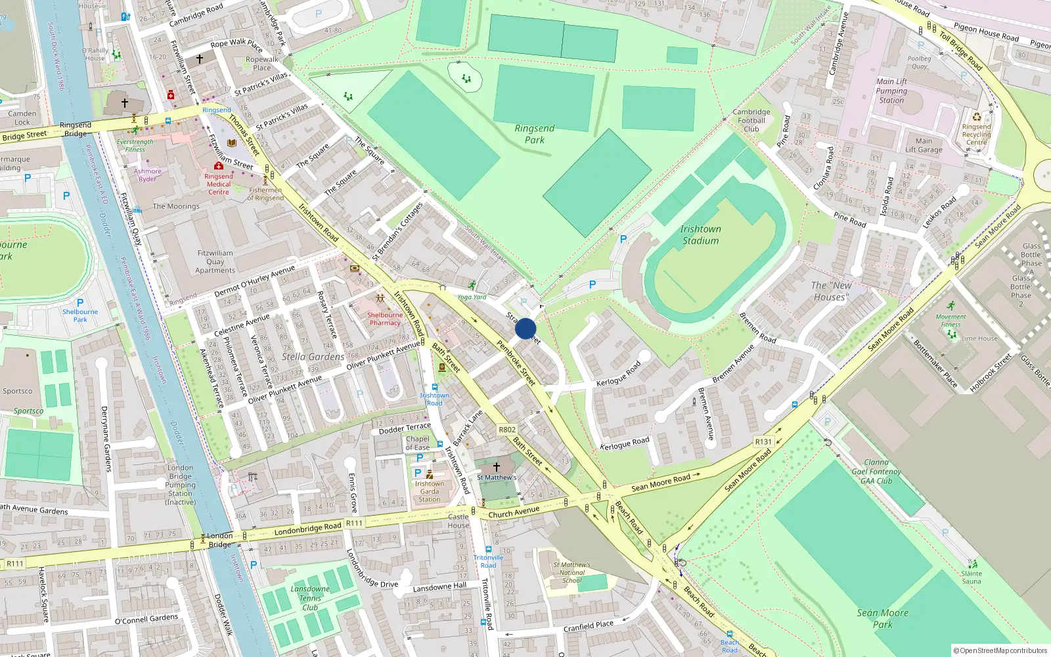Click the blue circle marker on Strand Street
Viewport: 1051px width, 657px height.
click(525, 328)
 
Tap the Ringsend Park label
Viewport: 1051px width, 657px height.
click(535, 134)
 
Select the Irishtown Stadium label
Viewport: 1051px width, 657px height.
click(700, 235)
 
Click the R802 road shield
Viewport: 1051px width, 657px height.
click(507, 430)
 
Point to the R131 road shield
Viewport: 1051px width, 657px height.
click(763, 442)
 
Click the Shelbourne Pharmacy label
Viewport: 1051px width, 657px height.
click(385, 319)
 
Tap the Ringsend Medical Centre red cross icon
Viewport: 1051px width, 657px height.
click(219, 166)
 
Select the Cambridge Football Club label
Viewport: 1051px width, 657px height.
click(751, 120)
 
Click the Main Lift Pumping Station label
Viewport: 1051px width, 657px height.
click(891, 91)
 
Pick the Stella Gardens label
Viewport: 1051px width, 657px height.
click(313, 357)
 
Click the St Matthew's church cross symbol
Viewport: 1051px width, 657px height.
click(497, 466)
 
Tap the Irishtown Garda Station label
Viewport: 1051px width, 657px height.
click(430, 491)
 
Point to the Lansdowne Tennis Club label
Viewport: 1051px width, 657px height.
click(310, 598)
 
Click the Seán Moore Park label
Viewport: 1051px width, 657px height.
click(883, 618)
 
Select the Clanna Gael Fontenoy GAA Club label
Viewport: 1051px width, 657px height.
click(876, 472)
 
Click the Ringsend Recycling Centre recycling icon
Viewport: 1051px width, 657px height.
click(977, 117)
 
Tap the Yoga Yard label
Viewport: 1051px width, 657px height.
click(472, 297)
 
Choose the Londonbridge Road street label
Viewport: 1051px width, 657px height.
click(307, 528)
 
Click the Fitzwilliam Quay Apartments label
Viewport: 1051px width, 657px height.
click(215, 261)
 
